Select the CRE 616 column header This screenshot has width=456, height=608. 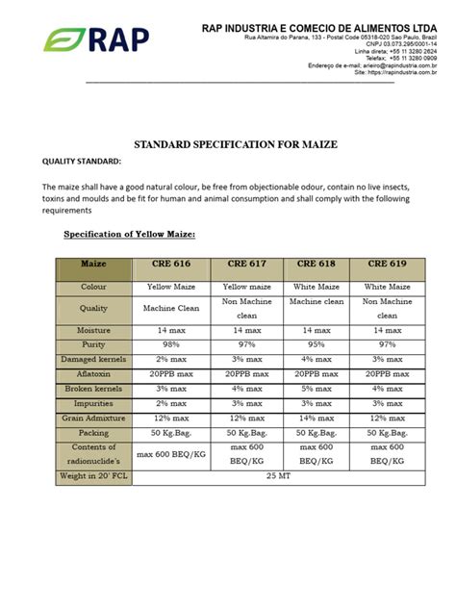pos(171,263)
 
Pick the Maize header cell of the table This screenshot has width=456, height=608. pos(93,264)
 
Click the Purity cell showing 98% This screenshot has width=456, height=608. pos(171,343)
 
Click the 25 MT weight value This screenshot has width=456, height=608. pos(279,474)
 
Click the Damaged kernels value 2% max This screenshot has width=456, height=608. pos(171,358)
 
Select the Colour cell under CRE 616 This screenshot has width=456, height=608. pos(171,287)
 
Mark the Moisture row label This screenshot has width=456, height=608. pos(93,329)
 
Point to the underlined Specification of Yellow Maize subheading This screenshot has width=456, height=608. pos(129,234)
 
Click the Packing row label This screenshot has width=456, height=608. pos(93,434)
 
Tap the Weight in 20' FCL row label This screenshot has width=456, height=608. pos(93,475)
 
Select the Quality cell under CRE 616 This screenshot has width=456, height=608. pos(171,308)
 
